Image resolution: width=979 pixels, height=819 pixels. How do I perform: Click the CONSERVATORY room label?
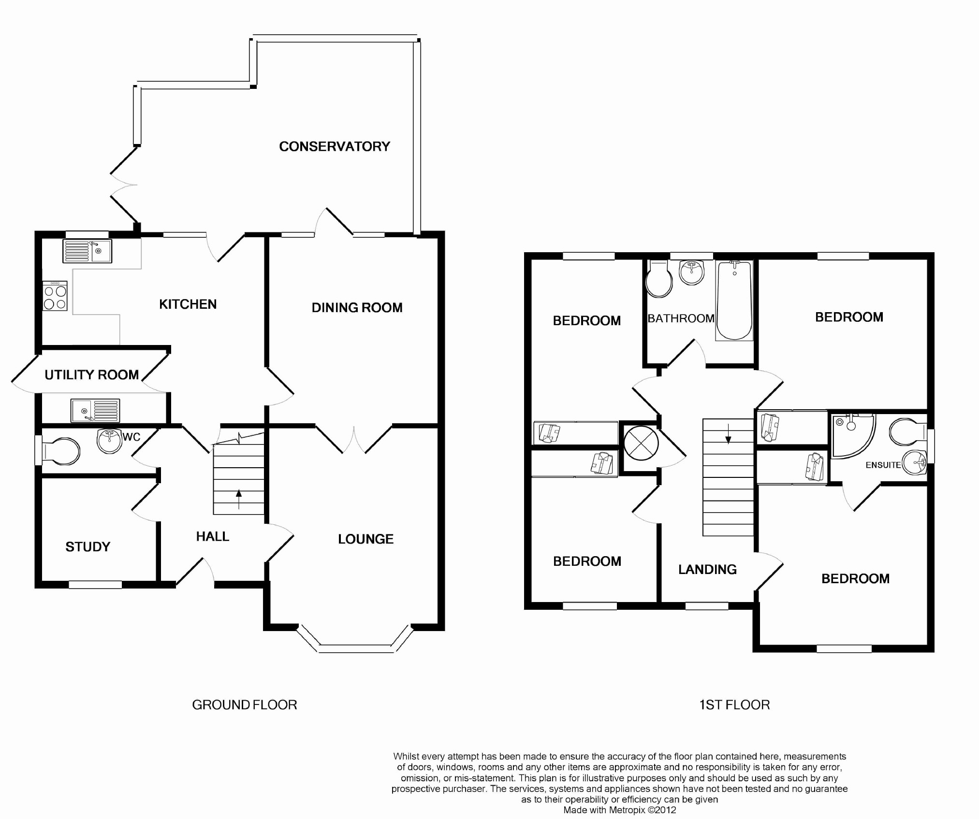coord(335,146)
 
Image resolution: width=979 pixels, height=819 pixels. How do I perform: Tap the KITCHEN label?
coord(188,304)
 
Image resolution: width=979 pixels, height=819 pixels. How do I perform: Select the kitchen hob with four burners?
coord(55,296)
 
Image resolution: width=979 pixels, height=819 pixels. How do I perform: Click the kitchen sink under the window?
coord(87,251)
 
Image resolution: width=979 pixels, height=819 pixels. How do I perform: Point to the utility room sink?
coord(95,410)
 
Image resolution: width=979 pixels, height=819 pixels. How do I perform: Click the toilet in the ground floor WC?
coord(60,451)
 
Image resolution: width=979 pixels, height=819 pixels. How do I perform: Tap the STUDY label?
coord(88,546)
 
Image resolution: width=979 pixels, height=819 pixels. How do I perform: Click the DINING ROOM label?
coord(357,307)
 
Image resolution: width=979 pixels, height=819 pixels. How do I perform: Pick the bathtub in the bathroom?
coord(734,300)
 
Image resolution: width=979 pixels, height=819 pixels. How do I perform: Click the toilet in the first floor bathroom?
coord(659,279)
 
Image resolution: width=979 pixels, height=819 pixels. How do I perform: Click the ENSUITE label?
coord(883,465)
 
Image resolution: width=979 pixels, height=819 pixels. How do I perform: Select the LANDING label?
coord(707,569)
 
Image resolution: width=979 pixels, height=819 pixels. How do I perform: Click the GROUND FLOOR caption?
coord(245,705)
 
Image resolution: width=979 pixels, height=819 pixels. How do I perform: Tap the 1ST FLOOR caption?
coord(734,705)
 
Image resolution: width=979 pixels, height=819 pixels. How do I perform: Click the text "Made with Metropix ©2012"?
coord(619,810)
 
